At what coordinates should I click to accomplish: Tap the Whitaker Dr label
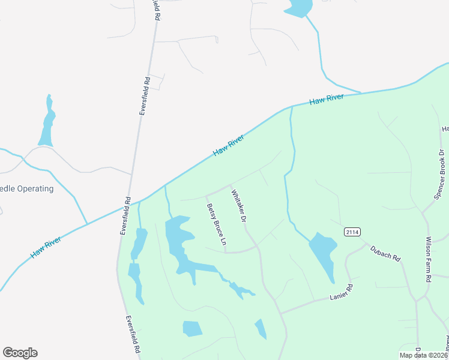[239, 207]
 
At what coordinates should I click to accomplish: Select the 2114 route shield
[352, 232]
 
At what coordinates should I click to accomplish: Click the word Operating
[35, 188]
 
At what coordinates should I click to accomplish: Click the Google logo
[20, 353]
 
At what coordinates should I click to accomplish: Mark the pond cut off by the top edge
[298, 7]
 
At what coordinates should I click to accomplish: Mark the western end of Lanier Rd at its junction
[280, 313]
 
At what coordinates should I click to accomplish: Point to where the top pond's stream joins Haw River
[361, 93]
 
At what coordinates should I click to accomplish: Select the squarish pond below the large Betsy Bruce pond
[192, 328]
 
